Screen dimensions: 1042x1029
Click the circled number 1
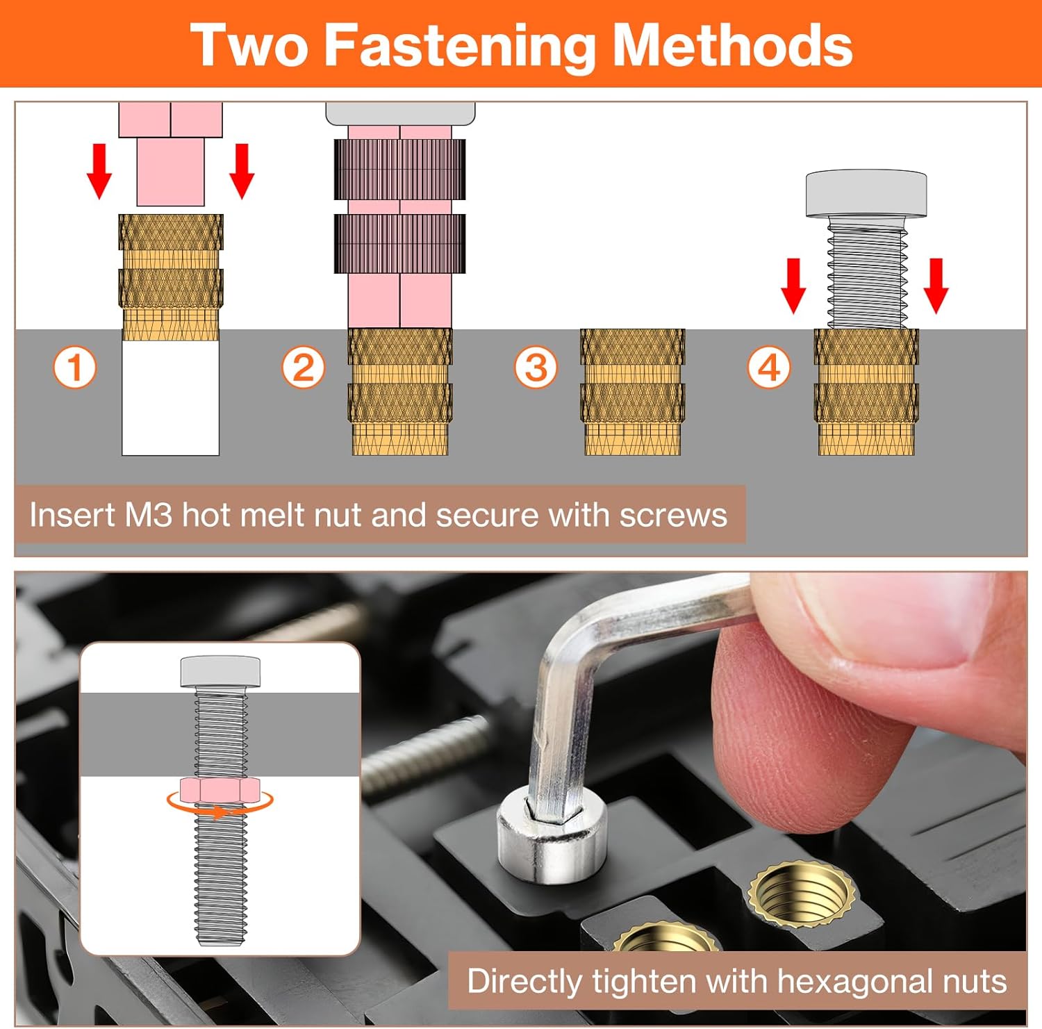pyautogui.click(x=75, y=368)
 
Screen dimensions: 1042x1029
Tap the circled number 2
pyautogui.click(x=303, y=368)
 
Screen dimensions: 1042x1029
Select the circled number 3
pyautogui.click(x=536, y=368)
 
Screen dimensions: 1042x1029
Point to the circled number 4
pyautogui.click(x=769, y=368)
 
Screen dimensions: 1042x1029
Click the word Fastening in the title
pyautogui.click(x=460, y=46)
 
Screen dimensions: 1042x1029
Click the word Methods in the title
pyautogui.click(x=732, y=45)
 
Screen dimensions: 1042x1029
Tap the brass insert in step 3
pyautogui.click(x=632, y=392)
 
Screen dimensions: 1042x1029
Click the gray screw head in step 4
pyautogui.click(x=866, y=193)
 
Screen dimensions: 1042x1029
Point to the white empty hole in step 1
pyautogui.click(x=171, y=397)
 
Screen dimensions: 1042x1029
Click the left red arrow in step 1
pyautogui.click(x=99, y=171)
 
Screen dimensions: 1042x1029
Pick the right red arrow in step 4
pyautogui.click(x=936, y=286)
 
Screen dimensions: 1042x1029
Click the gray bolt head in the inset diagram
pyautogui.click(x=220, y=671)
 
